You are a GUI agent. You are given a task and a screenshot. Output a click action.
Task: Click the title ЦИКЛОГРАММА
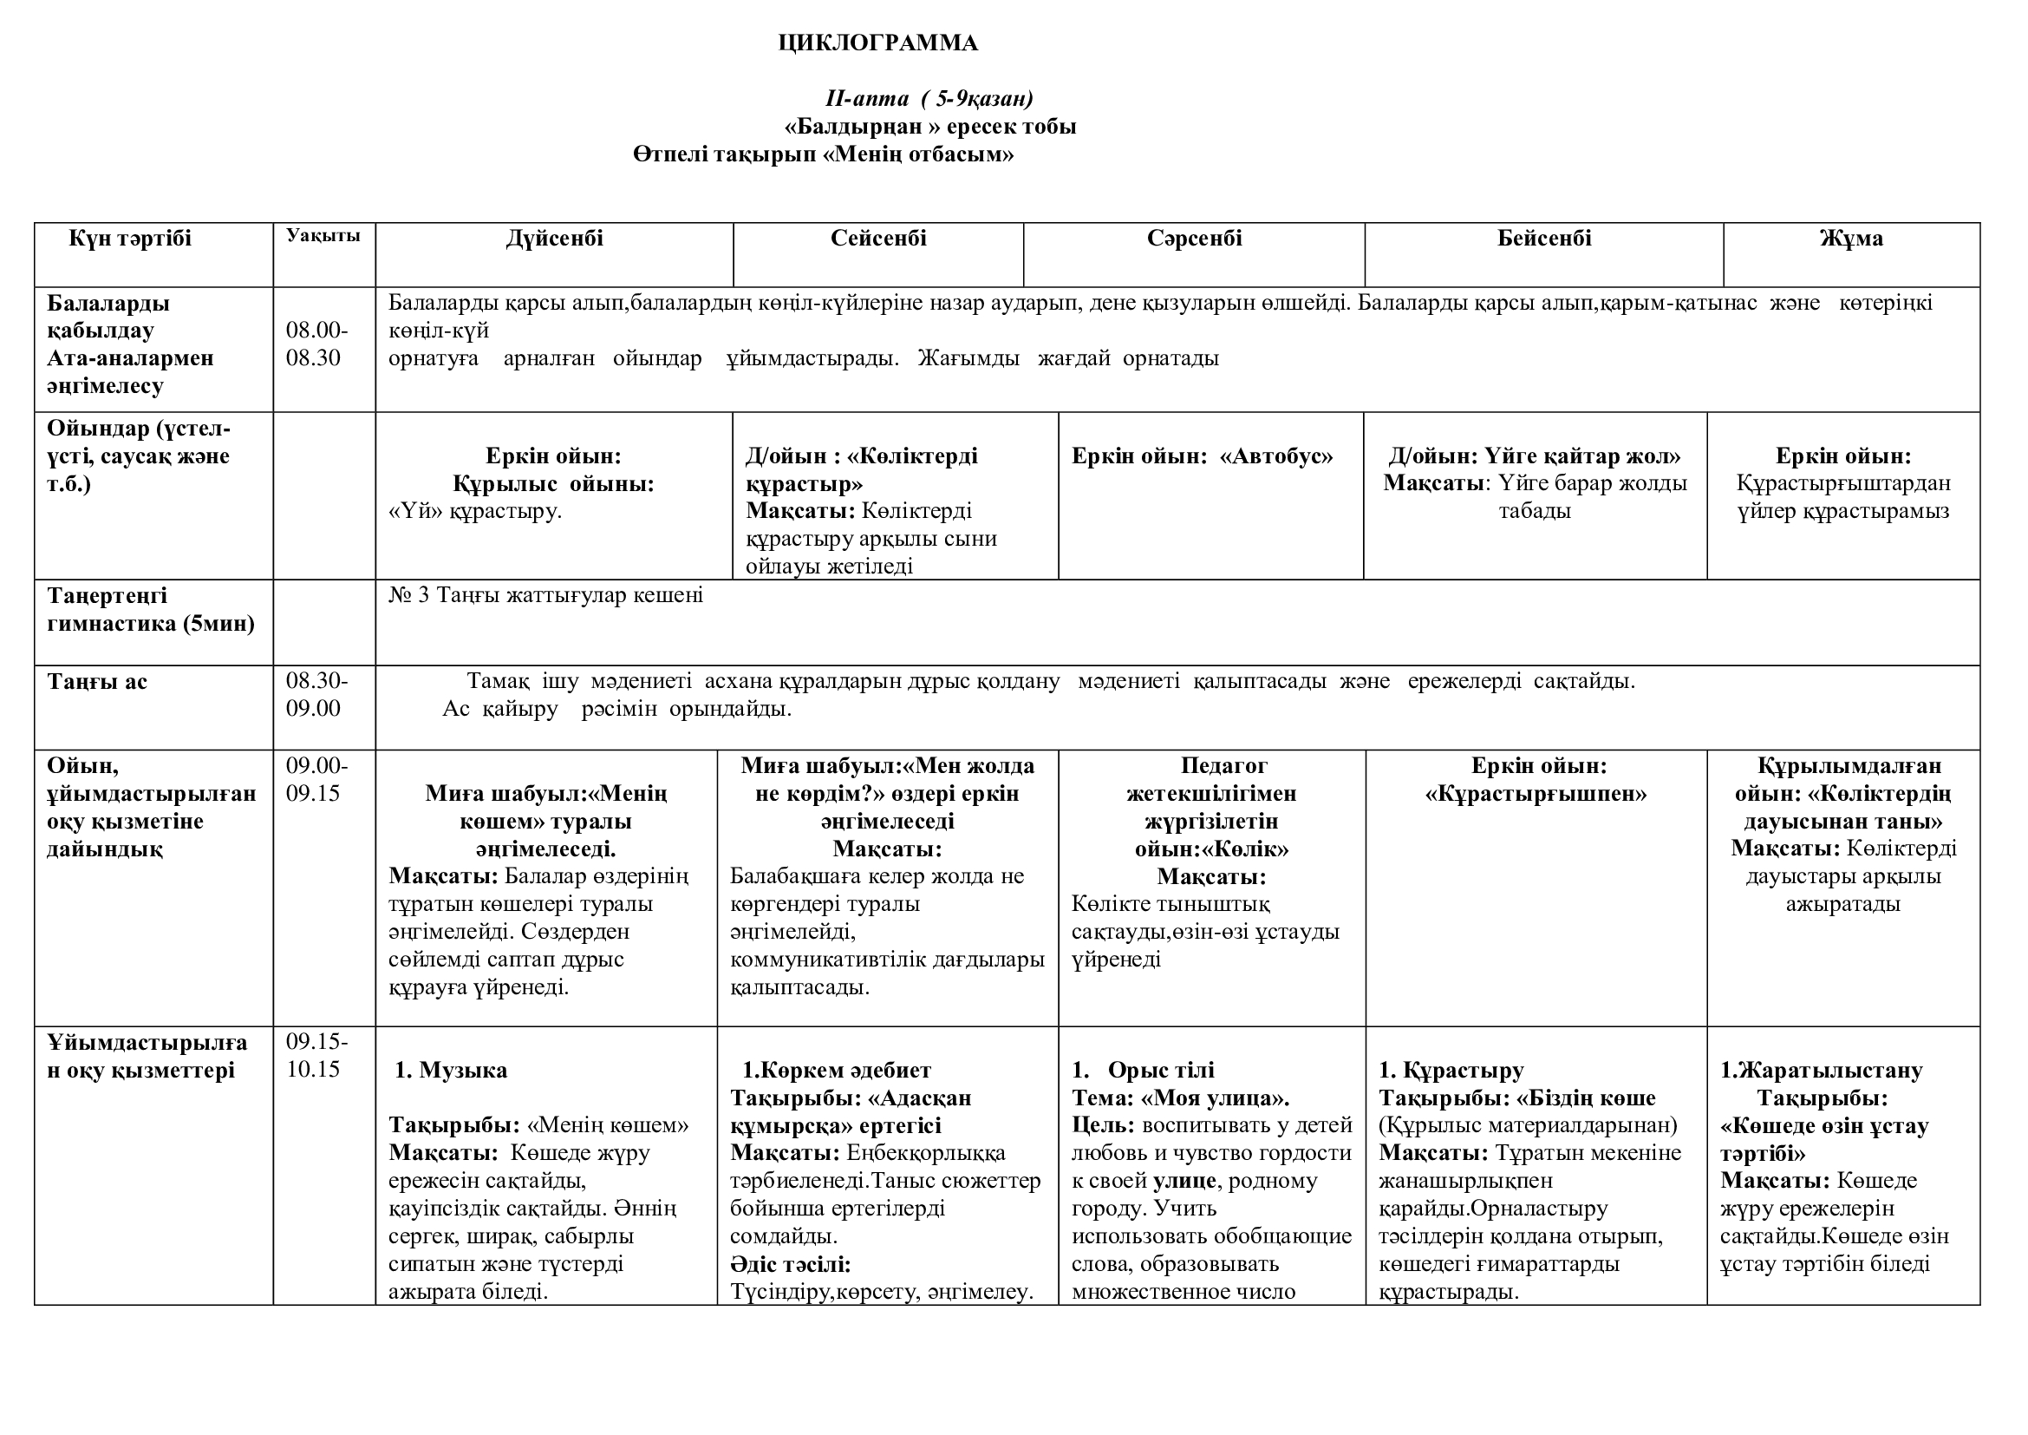pyautogui.click(x=877, y=43)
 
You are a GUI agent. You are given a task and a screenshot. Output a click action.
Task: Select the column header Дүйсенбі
pyautogui.click(x=555, y=239)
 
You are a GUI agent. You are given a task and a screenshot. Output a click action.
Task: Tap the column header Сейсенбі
pyautogui.click(x=878, y=239)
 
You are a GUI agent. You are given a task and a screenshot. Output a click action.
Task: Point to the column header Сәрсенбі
pyautogui.click(x=1194, y=239)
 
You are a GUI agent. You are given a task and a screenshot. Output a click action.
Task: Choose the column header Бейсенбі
pyautogui.click(x=1544, y=239)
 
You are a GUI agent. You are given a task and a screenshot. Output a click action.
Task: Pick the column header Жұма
pyautogui.click(x=1850, y=239)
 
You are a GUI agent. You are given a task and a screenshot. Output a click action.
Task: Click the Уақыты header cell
pyautogui.click(x=323, y=236)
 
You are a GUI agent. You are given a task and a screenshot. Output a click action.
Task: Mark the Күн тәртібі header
pyautogui.click(x=130, y=239)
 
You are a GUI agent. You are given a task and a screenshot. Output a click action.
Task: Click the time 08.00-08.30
pyautogui.click(x=316, y=344)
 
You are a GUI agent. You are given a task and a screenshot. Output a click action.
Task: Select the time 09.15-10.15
pyautogui.click(x=316, y=1056)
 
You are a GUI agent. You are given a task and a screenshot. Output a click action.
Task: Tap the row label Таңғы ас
pyautogui.click(x=97, y=681)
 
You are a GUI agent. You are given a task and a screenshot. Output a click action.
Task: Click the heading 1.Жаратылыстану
pyautogui.click(x=1822, y=1070)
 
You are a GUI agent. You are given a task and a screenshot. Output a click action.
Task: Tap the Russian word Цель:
pyautogui.click(x=1103, y=1126)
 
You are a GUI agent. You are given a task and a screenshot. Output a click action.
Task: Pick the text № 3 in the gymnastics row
pyautogui.click(x=409, y=595)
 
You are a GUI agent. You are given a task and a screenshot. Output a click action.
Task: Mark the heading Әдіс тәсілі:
pyautogui.click(x=791, y=1263)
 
